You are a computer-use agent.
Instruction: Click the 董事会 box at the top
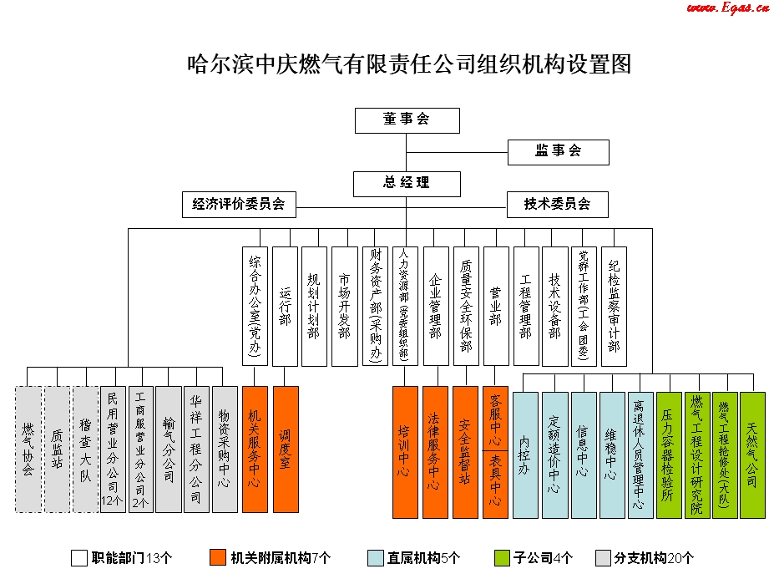[x=407, y=119]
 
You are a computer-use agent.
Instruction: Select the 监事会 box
[x=558, y=151]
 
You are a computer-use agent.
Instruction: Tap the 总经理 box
[x=407, y=183]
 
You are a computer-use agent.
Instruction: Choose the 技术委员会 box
[x=557, y=204]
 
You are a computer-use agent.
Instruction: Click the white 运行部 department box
[x=285, y=306]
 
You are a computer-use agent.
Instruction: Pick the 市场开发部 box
[x=344, y=306]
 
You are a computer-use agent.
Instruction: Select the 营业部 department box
[x=495, y=306]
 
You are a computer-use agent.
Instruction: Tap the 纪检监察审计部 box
[x=615, y=306]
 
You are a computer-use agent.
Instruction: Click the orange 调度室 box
[x=285, y=449]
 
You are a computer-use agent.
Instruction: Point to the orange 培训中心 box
[x=405, y=452]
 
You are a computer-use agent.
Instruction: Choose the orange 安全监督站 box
[x=465, y=452]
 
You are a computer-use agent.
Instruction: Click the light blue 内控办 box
[x=524, y=455]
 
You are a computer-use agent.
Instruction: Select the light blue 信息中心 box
[x=584, y=455]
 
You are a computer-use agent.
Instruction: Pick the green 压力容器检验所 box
[x=668, y=455]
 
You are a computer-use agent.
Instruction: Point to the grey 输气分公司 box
[x=169, y=449]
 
